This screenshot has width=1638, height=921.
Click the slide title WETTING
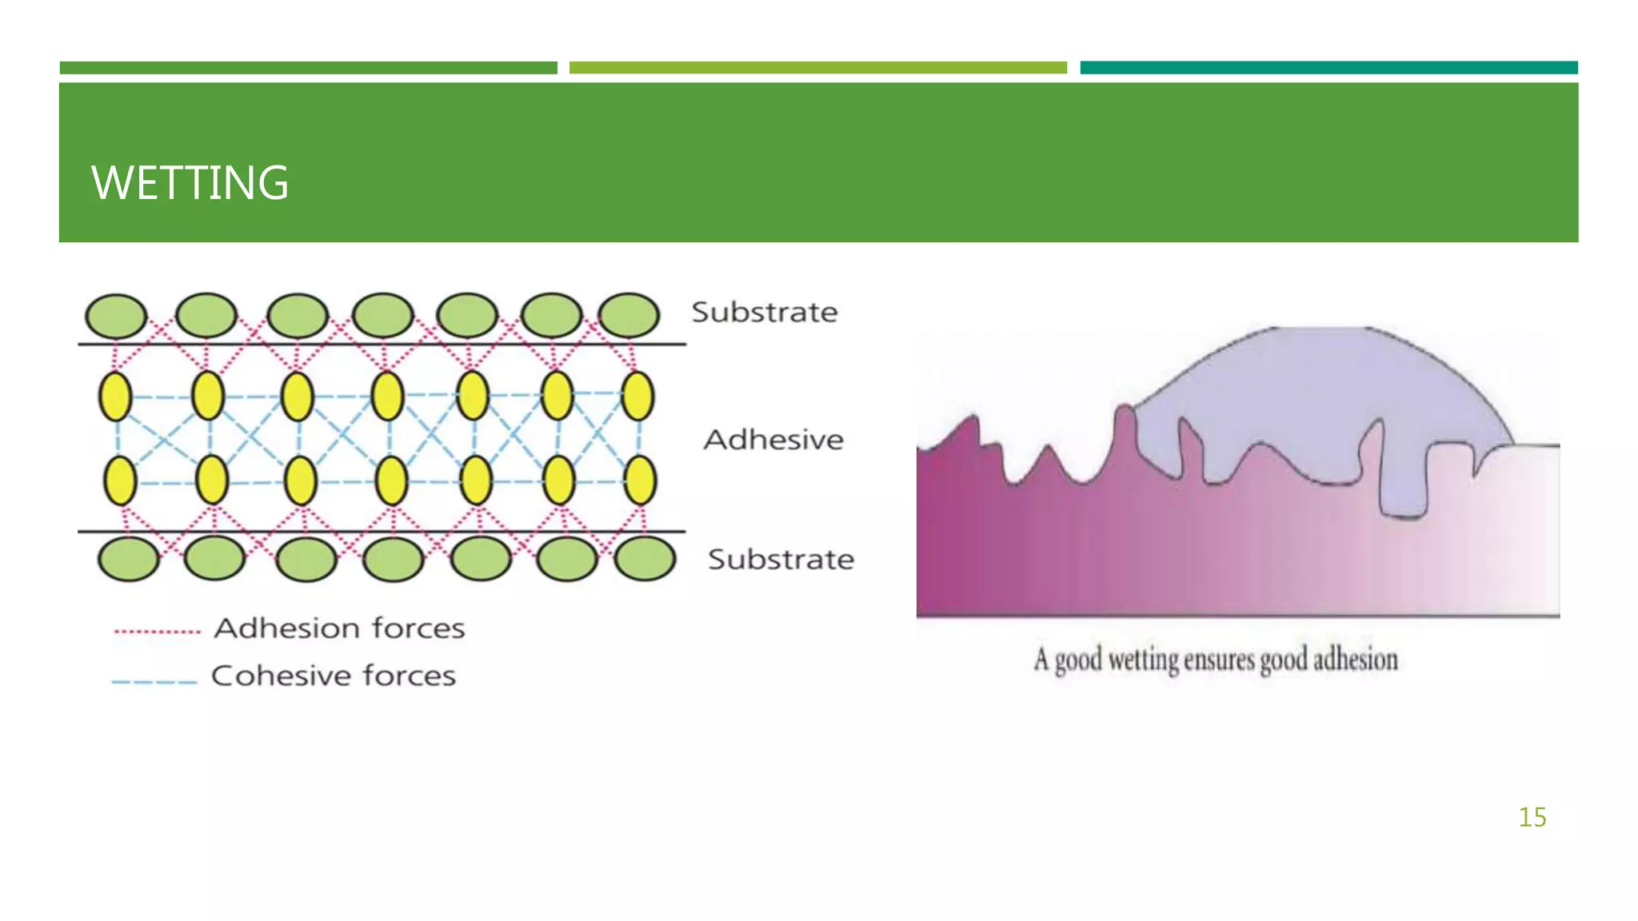190,183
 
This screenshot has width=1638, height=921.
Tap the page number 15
1532,817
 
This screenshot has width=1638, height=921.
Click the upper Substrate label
764,312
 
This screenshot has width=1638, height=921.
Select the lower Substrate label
781,560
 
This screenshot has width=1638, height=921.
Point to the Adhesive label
773,440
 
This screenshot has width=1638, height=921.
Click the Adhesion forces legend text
339,628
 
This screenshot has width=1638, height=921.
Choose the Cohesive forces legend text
333,676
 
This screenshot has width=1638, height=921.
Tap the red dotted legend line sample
157,632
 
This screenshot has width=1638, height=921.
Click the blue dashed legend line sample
154,682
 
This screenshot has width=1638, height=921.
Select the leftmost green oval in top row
116,316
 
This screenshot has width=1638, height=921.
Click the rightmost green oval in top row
629,315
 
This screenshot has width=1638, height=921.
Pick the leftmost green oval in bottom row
128,558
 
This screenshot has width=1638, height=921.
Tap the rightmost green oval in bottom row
645,558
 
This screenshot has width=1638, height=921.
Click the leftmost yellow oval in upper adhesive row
115,397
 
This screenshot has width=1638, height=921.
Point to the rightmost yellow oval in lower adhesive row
640,480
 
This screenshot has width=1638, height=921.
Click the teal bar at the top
1328,68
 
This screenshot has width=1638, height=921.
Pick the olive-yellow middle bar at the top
817,68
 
